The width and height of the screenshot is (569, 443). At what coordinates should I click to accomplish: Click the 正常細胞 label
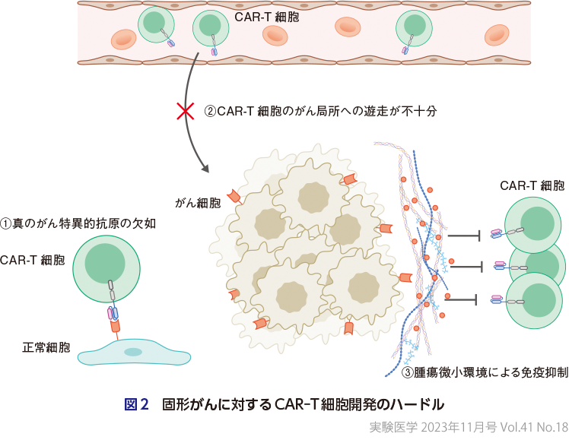(46, 348)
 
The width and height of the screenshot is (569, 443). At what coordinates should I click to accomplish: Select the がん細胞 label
(198, 203)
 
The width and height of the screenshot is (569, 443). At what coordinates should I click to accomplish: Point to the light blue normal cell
(134, 353)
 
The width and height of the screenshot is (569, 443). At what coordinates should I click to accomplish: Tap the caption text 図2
(136, 403)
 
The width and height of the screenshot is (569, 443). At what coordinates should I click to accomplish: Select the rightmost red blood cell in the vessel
(497, 34)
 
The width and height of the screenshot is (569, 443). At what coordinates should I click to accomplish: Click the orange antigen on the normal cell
(116, 328)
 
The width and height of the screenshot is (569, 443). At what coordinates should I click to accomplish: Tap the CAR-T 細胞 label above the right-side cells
(532, 185)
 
